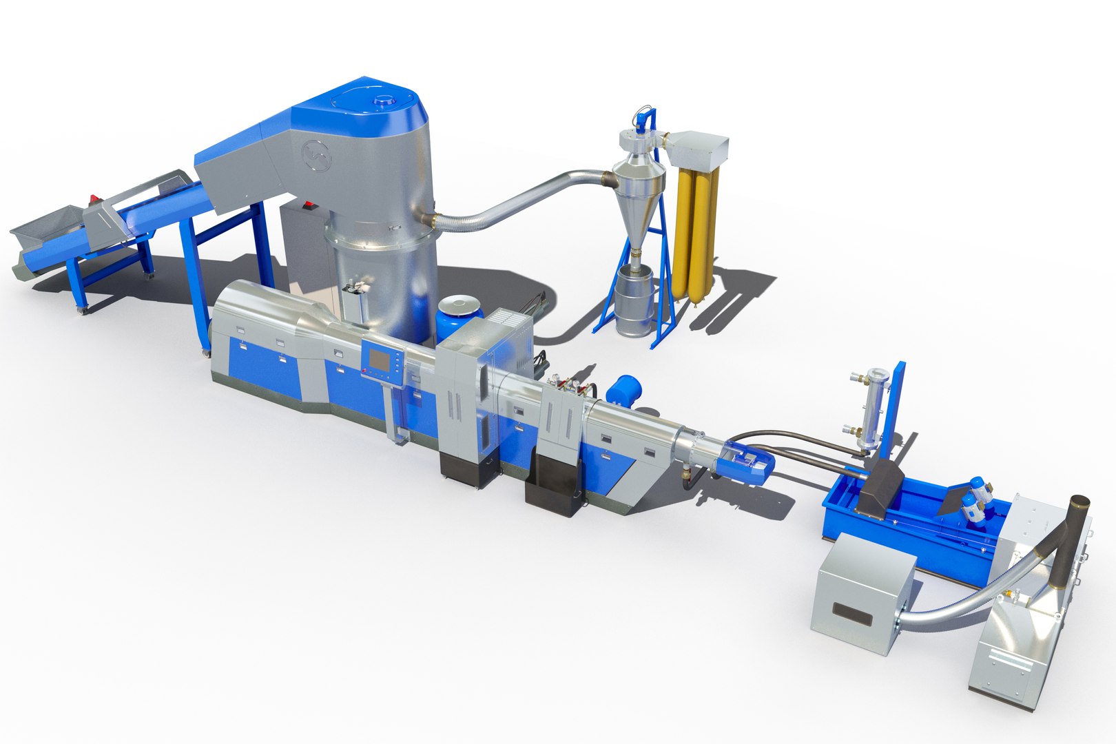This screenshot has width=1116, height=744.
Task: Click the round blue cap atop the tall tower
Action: [x=380, y=101]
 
